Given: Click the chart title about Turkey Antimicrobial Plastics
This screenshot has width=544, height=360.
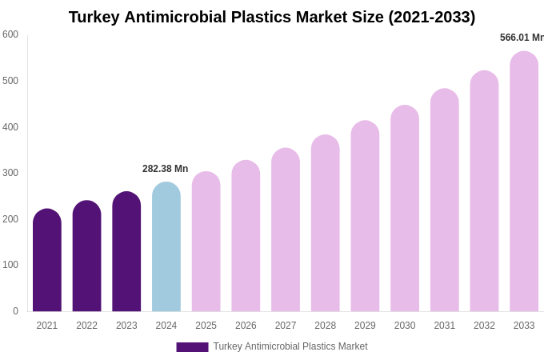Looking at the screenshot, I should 272,17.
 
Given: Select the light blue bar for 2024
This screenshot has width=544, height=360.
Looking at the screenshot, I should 166,248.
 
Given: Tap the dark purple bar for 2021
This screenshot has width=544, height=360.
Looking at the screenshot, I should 47,261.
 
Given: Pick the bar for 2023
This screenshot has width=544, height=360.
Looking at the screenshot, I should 126,252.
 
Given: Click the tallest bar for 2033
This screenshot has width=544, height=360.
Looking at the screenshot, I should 524,182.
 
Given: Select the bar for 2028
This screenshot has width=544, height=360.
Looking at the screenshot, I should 326,224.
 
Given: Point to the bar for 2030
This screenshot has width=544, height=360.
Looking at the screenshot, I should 405,210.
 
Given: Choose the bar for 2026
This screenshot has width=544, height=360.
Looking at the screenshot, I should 246,237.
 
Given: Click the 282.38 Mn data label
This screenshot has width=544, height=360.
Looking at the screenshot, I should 166,169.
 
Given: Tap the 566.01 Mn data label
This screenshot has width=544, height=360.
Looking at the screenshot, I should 522,38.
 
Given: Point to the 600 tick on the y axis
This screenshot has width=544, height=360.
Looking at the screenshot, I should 10,34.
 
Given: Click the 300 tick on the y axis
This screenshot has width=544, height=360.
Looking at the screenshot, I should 10,173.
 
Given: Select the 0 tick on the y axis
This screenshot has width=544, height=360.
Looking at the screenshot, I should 15,311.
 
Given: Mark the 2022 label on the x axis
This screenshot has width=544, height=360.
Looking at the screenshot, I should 86,326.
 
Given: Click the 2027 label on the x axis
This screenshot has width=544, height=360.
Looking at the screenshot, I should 286,326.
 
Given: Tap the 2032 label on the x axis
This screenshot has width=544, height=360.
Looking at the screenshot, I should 484,326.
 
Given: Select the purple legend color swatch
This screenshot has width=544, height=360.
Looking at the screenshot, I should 192,347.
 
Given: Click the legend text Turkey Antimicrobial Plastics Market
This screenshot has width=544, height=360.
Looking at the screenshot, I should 290,346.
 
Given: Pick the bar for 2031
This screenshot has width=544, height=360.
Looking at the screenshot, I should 445,201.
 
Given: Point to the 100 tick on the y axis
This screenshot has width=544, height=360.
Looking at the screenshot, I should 10,265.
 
